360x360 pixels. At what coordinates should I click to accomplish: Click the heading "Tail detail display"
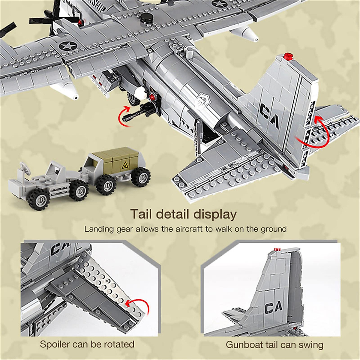pyautogui.click(x=183, y=214)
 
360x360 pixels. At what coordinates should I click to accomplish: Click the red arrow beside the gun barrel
pyautogui.click(x=122, y=117)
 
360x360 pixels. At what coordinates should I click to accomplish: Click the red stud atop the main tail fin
pyautogui.click(x=288, y=56)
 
